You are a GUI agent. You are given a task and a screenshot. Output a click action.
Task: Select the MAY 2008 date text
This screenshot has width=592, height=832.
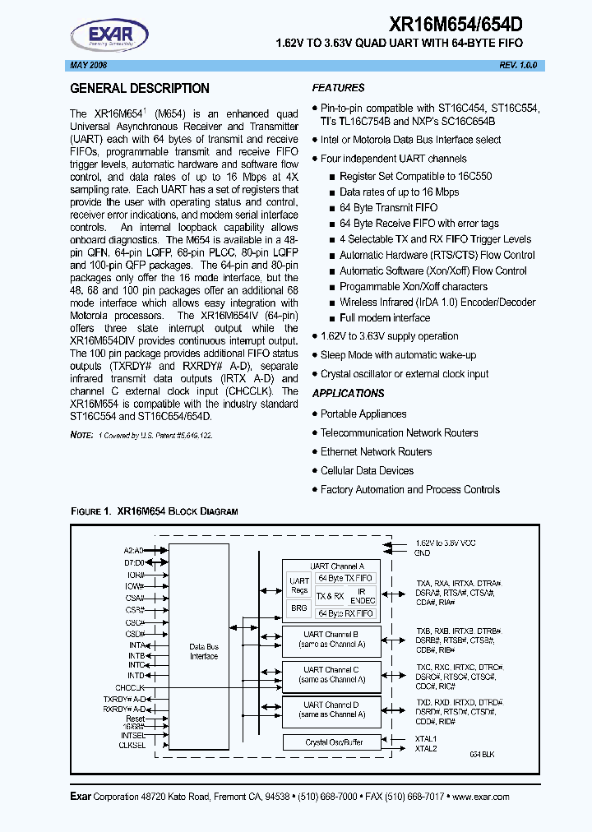pyautogui.click(x=86, y=65)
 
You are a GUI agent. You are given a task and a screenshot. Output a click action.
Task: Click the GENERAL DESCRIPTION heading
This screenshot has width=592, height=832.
pyautogui.click(x=140, y=89)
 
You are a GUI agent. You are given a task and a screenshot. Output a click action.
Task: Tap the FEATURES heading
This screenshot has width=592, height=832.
pyautogui.click(x=338, y=88)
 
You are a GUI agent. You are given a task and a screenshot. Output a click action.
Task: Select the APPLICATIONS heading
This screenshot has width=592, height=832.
pyautogui.click(x=348, y=394)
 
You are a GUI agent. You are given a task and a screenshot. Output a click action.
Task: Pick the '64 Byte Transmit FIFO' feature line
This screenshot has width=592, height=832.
pyautogui.click(x=388, y=208)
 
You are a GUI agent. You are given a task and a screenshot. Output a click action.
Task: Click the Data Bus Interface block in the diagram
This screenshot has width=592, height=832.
pyautogui.click(x=204, y=651)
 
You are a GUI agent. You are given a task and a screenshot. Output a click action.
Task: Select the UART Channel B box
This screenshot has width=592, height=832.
pyautogui.click(x=331, y=640)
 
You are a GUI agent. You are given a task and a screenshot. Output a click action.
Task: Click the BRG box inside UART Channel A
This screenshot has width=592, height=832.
pyautogui.click(x=299, y=608)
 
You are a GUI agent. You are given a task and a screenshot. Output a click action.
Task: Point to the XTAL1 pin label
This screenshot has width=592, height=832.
pyautogui.click(x=426, y=738)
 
